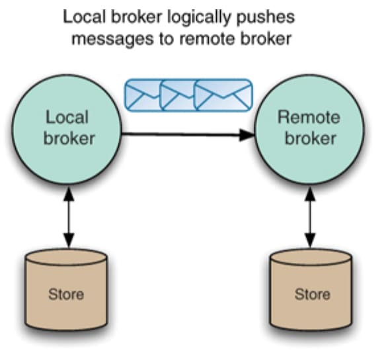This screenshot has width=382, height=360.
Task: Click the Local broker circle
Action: click(x=67, y=129)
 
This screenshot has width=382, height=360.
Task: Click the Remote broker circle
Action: click(x=309, y=129)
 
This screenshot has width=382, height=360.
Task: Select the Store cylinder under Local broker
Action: click(x=66, y=290)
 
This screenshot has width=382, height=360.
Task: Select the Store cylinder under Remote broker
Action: click(x=311, y=290)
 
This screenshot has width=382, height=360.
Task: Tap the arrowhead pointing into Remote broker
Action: click(x=247, y=135)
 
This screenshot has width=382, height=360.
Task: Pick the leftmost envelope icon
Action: click(x=143, y=95)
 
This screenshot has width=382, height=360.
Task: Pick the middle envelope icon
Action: click(x=177, y=95)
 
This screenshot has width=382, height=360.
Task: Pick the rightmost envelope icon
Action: click(x=223, y=95)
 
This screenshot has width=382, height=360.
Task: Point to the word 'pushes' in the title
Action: click(x=265, y=18)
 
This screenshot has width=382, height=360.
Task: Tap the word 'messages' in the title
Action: click(x=112, y=39)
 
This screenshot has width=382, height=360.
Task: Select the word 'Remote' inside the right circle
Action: click(x=309, y=117)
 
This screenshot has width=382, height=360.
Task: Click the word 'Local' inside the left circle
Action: click(x=67, y=117)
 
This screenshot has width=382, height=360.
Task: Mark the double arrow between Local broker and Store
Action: click(x=69, y=218)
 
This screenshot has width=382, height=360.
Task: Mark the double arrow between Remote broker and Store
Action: click(x=310, y=218)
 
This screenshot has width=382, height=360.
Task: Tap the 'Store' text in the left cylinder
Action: click(x=66, y=294)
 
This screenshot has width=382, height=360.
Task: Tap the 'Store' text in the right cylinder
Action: click(x=313, y=294)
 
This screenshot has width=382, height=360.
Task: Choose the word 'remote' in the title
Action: click(x=208, y=39)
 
